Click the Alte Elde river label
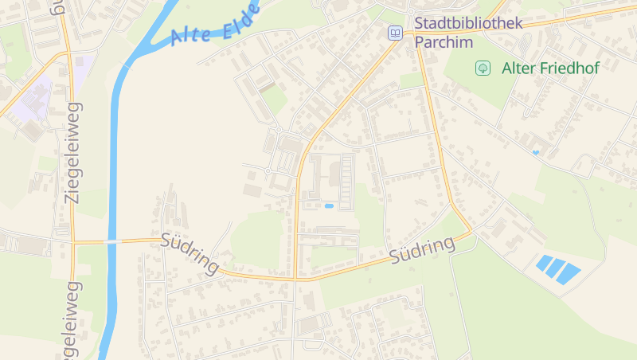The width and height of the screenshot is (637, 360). pos(216,24)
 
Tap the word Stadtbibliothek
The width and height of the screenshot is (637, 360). pos(468,23)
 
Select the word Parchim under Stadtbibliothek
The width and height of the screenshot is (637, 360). pos(444,41)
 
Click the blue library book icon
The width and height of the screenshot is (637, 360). pos(395,33)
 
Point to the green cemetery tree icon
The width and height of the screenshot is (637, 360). pos(483,68)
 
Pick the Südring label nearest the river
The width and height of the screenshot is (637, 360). pos(190,253)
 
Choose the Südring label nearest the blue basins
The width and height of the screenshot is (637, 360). pos(422,249)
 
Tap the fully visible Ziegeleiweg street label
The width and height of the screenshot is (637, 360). pos(73,153)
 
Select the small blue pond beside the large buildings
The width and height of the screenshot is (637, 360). pos(329,206)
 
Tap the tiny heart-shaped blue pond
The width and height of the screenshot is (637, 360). pos(536,152)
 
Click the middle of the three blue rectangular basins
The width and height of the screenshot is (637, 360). pos(557,268)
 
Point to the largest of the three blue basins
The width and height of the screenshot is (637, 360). pos(569,273)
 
